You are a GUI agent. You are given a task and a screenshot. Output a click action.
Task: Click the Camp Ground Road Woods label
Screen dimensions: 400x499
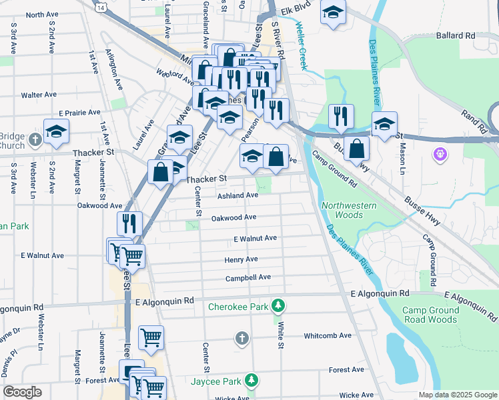430,315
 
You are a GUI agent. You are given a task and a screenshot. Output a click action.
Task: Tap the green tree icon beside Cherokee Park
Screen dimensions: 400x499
278,307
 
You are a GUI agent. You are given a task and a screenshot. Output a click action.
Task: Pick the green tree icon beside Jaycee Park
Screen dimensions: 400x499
251,381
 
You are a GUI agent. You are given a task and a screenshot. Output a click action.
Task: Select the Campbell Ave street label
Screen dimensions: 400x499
247,277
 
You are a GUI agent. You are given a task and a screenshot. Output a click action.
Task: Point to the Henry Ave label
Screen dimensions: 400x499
241,259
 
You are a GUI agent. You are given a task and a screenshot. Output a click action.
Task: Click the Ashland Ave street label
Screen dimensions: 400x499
237,195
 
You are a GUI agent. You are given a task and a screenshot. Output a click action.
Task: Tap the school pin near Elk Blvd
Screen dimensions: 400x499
333,11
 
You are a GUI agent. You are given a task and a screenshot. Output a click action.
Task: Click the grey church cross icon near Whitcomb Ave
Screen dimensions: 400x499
242,339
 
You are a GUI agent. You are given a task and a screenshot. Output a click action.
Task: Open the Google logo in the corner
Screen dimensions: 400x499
22,392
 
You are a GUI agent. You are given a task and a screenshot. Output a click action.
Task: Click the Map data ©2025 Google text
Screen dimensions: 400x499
457,395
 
